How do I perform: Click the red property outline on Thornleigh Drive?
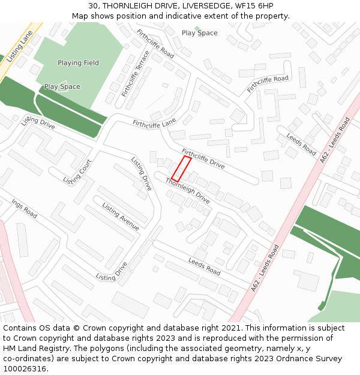[182, 169]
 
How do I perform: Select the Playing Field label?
[78, 63]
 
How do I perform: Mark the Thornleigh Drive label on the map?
[187, 191]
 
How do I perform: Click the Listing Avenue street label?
[121, 217]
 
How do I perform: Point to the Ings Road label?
[24, 208]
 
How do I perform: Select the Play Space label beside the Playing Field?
[62, 87]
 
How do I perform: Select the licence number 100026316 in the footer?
[26, 369]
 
